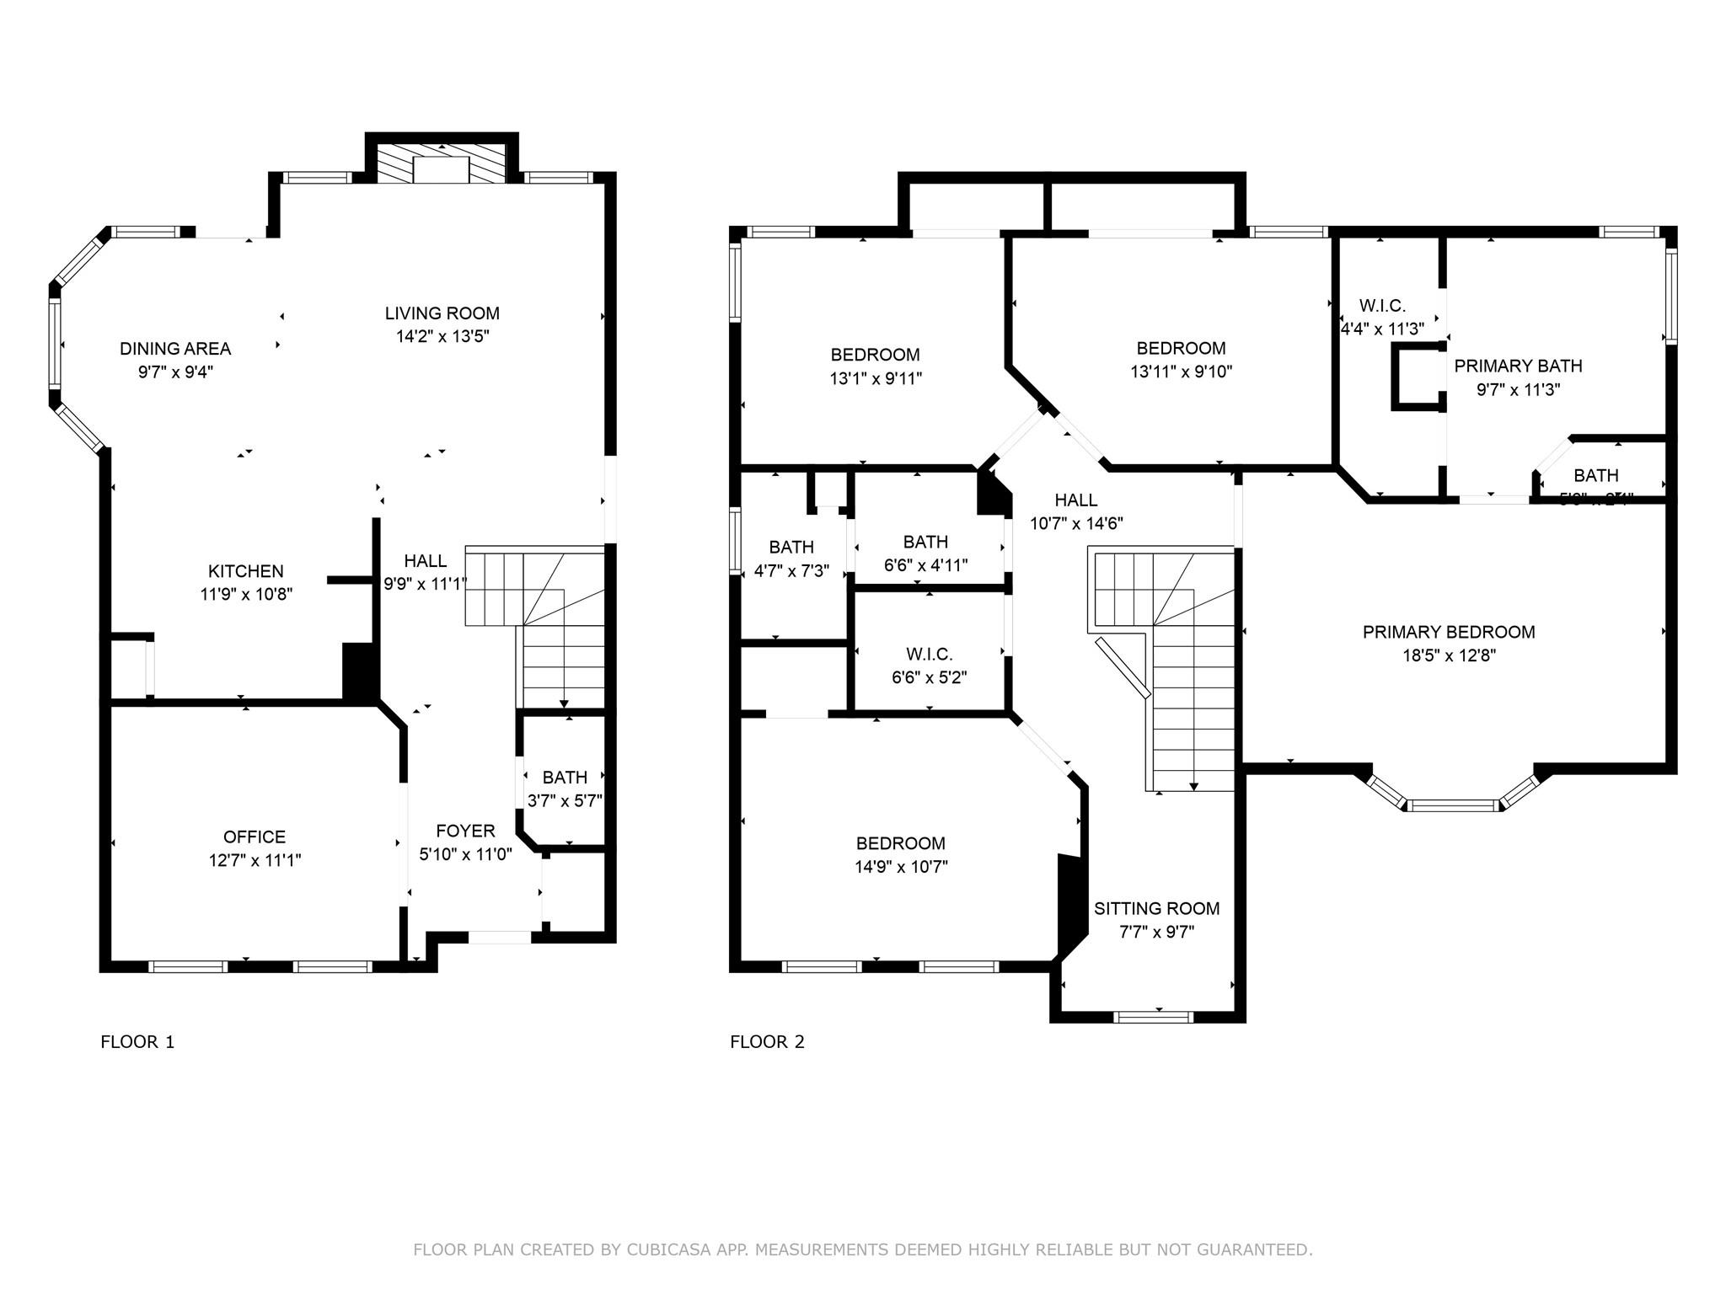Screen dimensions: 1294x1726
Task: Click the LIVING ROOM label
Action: pyautogui.click(x=442, y=313)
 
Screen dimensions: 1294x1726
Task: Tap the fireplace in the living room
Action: pyautogui.click(x=442, y=165)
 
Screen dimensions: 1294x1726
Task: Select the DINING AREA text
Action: pyautogui.click(x=175, y=349)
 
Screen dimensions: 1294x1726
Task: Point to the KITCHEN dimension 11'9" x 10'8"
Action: pyautogui.click(x=246, y=594)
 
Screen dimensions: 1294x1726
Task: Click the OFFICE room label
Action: pyautogui.click(x=255, y=837)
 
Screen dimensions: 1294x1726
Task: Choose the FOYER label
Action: pyautogui.click(x=465, y=831)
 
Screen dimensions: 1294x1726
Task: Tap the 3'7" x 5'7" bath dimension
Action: pyautogui.click(x=565, y=800)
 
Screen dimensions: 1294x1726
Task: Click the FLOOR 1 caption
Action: pyautogui.click(x=137, y=1042)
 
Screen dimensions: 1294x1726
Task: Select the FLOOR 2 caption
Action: pyautogui.click(x=767, y=1042)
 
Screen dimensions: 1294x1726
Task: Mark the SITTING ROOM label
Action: pyautogui.click(x=1156, y=908)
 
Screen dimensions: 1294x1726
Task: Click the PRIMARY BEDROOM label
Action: pyautogui.click(x=1449, y=632)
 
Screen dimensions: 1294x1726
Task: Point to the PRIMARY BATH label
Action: pyautogui.click(x=1518, y=366)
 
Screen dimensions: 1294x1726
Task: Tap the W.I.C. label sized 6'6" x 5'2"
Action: pyautogui.click(x=929, y=654)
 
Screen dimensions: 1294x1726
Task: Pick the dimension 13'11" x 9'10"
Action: pyautogui.click(x=1181, y=372)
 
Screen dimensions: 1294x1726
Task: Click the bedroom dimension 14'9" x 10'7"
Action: pyautogui.click(x=901, y=866)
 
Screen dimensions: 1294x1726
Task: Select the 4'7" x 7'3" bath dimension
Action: pyautogui.click(x=791, y=570)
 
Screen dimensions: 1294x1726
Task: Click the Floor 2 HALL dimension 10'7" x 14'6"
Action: pyautogui.click(x=1076, y=523)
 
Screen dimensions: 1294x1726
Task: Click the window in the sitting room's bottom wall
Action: pyautogui.click(x=1153, y=1017)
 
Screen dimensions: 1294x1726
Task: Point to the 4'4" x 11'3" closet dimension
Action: pyautogui.click(x=1382, y=329)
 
